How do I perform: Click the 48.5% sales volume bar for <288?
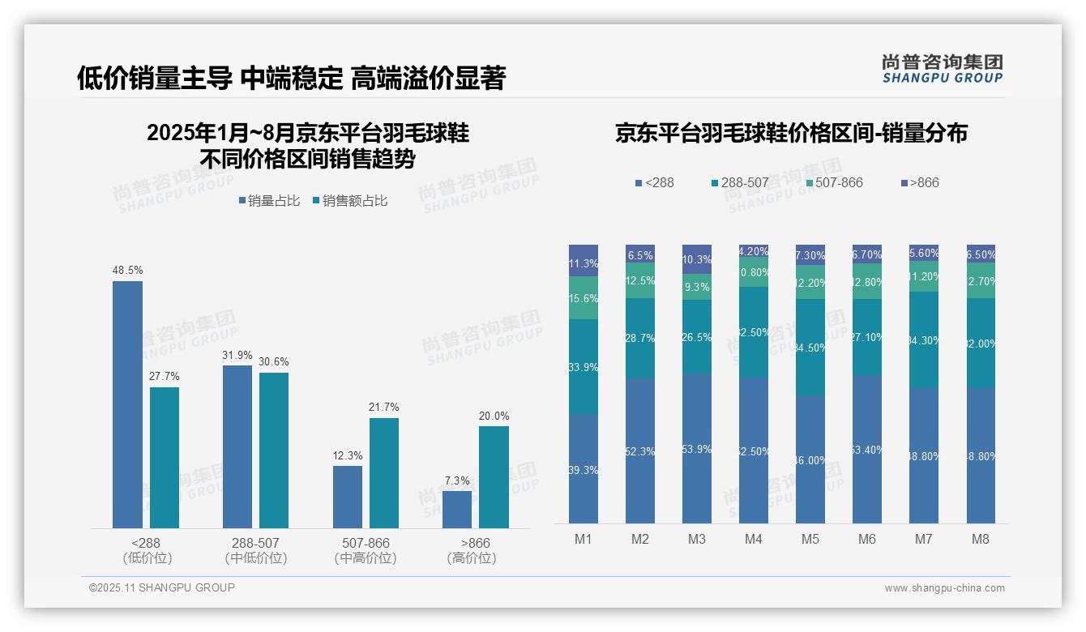pos(127,405)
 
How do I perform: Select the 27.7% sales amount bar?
pos(165,458)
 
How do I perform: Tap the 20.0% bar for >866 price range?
pos(494,477)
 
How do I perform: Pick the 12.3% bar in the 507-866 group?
pos(348,497)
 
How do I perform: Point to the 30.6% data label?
pos(274,361)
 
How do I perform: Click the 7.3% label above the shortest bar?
pos(457,480)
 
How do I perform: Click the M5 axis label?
pos(810,539)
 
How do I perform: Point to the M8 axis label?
pos(981,539)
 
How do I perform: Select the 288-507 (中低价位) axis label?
pos(255,550)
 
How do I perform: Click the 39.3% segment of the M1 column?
pos(584,469)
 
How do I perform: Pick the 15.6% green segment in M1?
pos(584,298)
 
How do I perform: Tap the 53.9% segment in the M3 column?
pos(697,449)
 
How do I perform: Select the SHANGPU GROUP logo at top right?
pos(943,69)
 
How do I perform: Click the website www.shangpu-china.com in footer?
pos(944,588)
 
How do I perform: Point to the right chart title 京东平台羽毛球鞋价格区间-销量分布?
pos(791,134)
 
